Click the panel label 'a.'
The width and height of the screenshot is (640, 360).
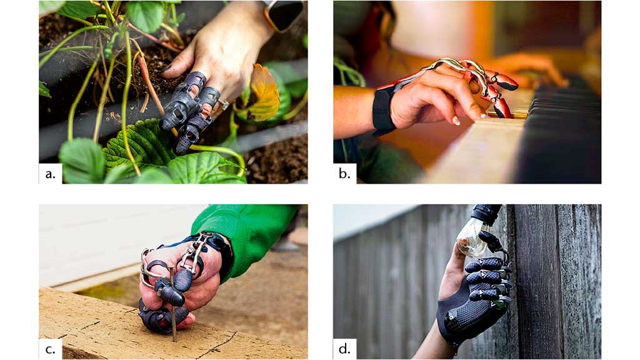(x=50, y=174)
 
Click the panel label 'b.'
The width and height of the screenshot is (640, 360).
(x=344, y=174)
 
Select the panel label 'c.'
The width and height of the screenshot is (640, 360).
(x=50, y=349)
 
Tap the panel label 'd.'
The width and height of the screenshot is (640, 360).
(x=344, y=349)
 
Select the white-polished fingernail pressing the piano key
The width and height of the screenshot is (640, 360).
(x=456, y=121)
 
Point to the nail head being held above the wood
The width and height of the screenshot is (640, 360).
(x=171, y=267)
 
